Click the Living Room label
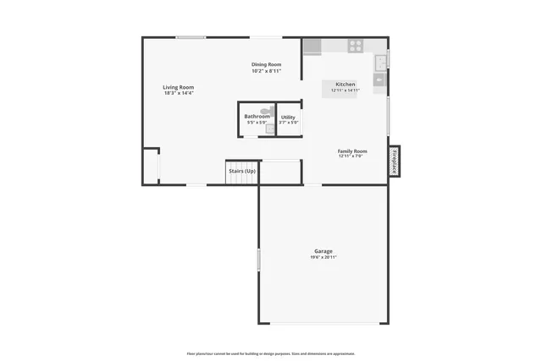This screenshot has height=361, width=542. pyautogui.click(x=179, y=87)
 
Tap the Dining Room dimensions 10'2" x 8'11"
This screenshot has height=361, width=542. pyautogui.click(x=266, y=71)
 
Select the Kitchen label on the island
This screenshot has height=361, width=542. pyautogui.click(x=345, y=85)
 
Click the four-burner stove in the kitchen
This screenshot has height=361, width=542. pyautogui.click(x=356, y=46)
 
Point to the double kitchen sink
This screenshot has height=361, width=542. pyautogui.click(x=380, y=61)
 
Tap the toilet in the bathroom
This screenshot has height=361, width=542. pyautogui.click(x=265, y=111)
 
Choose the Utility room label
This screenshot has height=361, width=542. pyautogui.click(x=288, y=118)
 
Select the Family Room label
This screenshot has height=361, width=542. pyautogui.click(x=351, y=150)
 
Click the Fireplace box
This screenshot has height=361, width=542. pyautogui.click(x=394, y=161)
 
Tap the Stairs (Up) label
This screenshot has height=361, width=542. pyautogui.click(x=242, y=171)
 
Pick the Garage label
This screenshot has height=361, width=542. pyautogui.click(x=323, y=251)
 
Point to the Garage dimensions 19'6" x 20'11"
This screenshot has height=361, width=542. pyautogui.click(x=323, y=257)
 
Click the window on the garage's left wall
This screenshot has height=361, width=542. pyautogui.click(x=258, y=259)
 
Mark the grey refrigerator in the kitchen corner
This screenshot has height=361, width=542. pyautogui.click(x=312, y=46)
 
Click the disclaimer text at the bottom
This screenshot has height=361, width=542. pyautogui.click(x=270, y=353)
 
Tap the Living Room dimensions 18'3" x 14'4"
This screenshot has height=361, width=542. pyautogui.click(x=179, y=93)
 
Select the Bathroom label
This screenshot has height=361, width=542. pyautogui.click(x=257, y=117)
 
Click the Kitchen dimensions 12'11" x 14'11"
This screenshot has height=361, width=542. pyautogui.click(x=345, y=90)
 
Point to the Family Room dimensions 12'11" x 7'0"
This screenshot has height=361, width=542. pyautogui.click(x=351, y=156)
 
